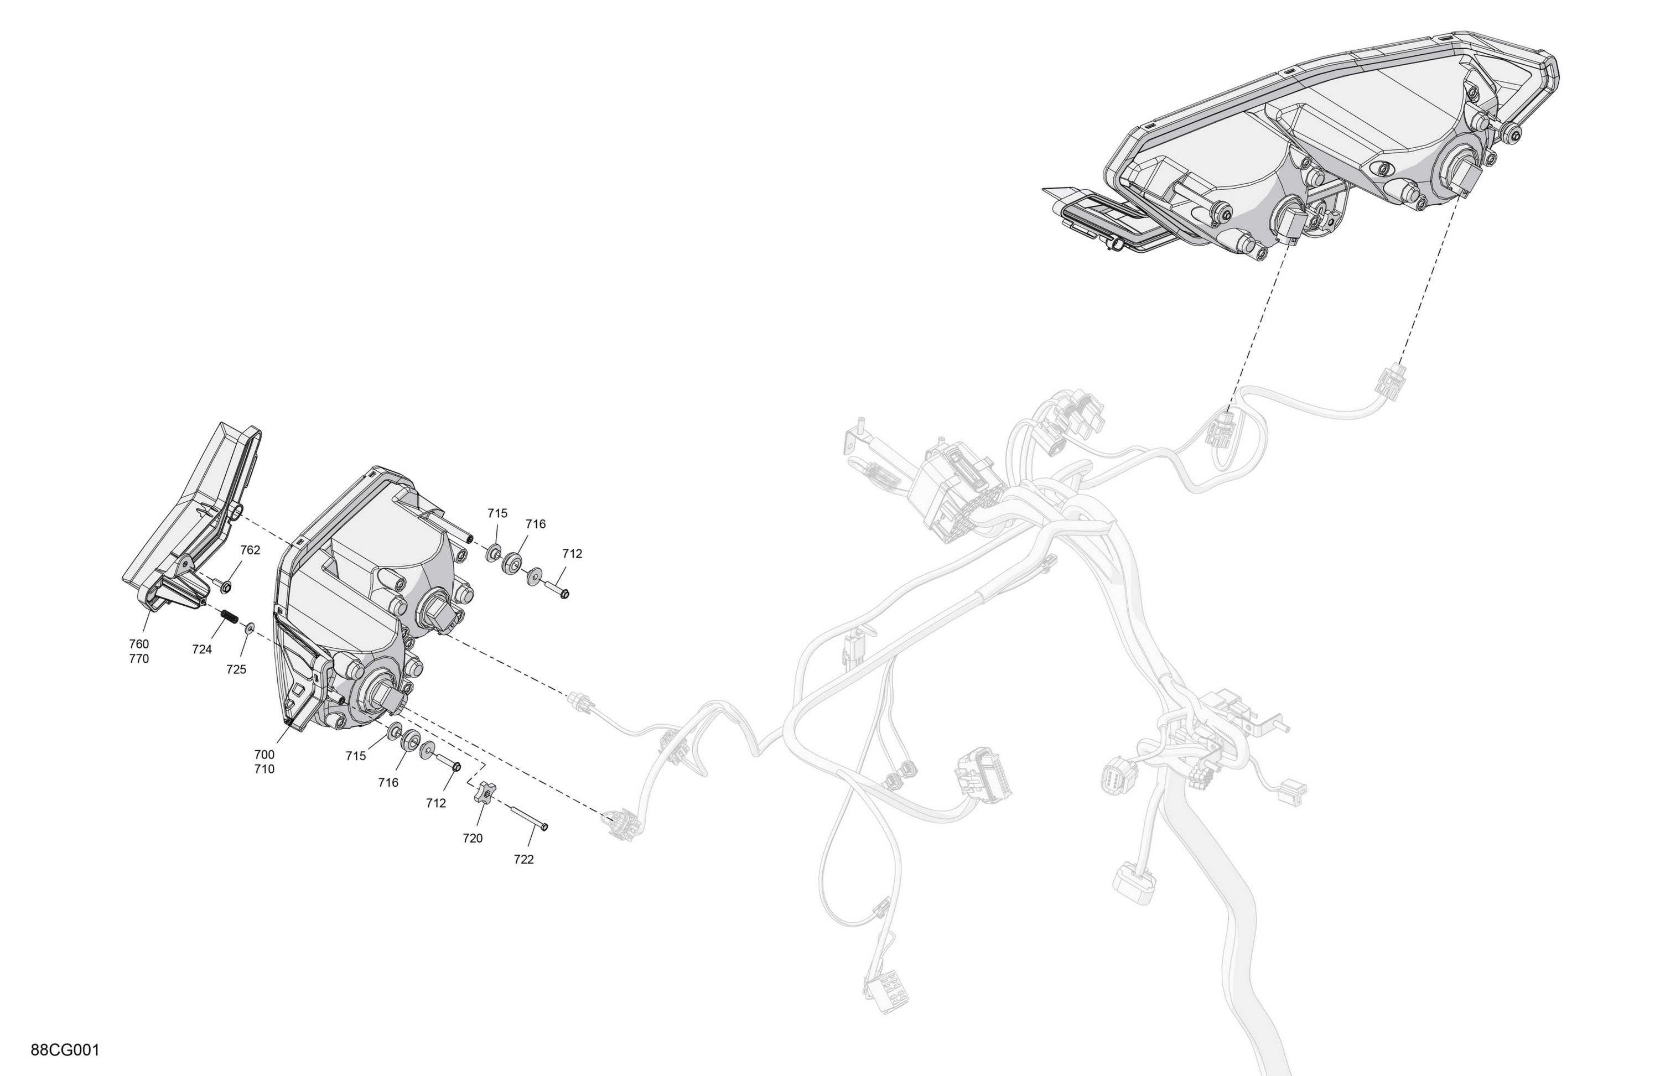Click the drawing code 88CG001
(65, 1049)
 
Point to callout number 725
(236, 669)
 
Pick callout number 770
(139, 658)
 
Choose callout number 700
(264, 755)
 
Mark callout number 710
(264, 769)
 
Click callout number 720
(472, 838)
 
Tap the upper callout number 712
(572, 554)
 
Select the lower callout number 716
(388, 782)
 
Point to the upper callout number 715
(497, 513)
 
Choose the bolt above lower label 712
(447, 762)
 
